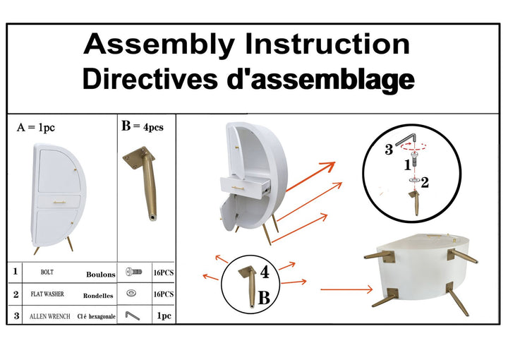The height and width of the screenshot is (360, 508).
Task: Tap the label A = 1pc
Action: click(x=36, y=128)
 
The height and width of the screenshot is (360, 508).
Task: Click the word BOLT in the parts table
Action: click(x=47, y=272)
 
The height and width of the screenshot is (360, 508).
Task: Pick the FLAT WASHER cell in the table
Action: click(x=48, y=294)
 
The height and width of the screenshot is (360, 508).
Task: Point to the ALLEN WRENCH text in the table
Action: click(x=49, y=317)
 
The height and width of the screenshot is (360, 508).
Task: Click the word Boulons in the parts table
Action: click(x=100, y=275)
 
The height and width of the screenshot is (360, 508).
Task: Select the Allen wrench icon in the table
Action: click(x=133, y=316)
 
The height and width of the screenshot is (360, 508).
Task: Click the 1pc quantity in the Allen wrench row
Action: click(x=164, y=317)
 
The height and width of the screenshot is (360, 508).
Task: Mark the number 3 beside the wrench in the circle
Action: click(x=388, y=150)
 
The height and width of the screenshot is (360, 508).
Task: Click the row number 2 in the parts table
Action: click(x=16, y=294)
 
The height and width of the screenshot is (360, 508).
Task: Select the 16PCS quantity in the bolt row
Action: click(x=164, y=272)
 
